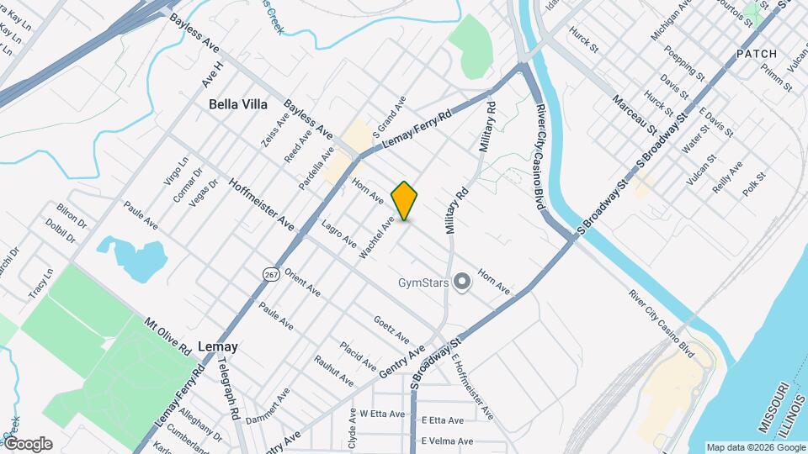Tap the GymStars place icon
coord(461,282)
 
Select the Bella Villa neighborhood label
coord(238,105)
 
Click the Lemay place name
coord(217,346)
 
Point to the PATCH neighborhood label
coord(756,54)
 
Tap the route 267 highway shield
coord(270,274)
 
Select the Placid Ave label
coord(358,356)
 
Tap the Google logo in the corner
coord(28,444)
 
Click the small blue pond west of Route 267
coord(131,256)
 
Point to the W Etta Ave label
coord(376,414)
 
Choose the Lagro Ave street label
coord(338,234)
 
